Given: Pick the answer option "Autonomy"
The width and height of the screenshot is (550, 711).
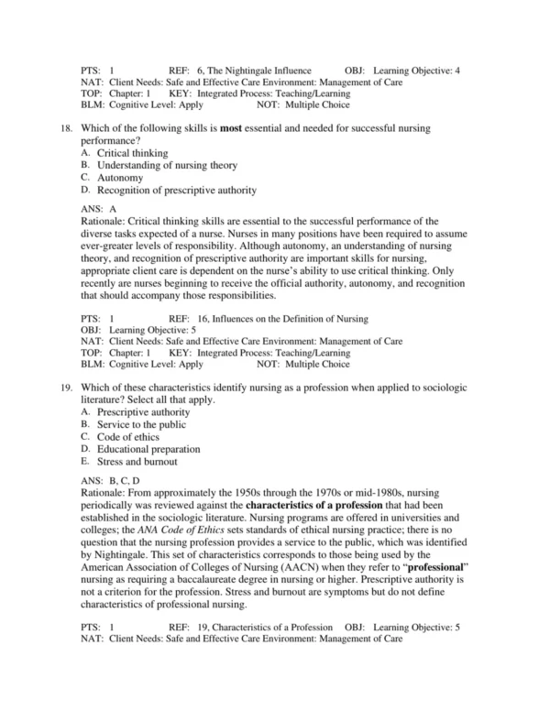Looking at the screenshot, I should coord(120,178).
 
